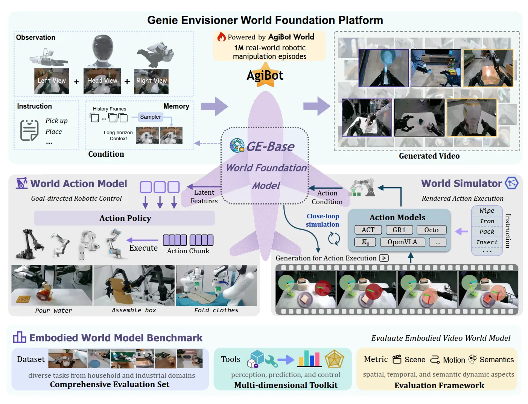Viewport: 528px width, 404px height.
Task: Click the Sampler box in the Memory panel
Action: (150, 117)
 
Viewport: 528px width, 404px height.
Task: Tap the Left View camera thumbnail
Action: (52, 81)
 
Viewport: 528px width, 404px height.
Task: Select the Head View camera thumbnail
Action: (102, 81)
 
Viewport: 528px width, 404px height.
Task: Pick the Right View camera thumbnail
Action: (151, 81)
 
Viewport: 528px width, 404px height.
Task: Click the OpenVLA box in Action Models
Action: (402, 242)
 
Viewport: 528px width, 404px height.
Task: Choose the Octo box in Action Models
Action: (431, 230)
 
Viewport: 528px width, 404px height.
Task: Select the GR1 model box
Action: (399, 230)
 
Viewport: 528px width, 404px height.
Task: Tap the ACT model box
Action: (368, 230)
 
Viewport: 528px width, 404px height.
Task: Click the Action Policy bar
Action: (125, 218)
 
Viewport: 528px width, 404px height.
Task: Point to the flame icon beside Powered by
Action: (221, 36)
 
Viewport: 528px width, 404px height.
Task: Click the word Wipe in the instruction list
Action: (487, 210)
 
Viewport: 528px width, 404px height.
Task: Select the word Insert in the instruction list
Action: (487, 242)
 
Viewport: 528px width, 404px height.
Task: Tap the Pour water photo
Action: (52, 285)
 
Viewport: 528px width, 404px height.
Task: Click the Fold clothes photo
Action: (216, 285)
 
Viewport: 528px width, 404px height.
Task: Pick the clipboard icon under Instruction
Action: (29, 130)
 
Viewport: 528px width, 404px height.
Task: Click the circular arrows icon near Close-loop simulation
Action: (334, 239)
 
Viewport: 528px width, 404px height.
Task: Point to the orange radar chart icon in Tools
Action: (334, 359)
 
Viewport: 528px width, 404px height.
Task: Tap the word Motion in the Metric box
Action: (454, 360)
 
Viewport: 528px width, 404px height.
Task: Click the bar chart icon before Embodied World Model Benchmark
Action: (20, 337)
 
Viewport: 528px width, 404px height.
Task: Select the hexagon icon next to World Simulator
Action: (512, 183)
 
